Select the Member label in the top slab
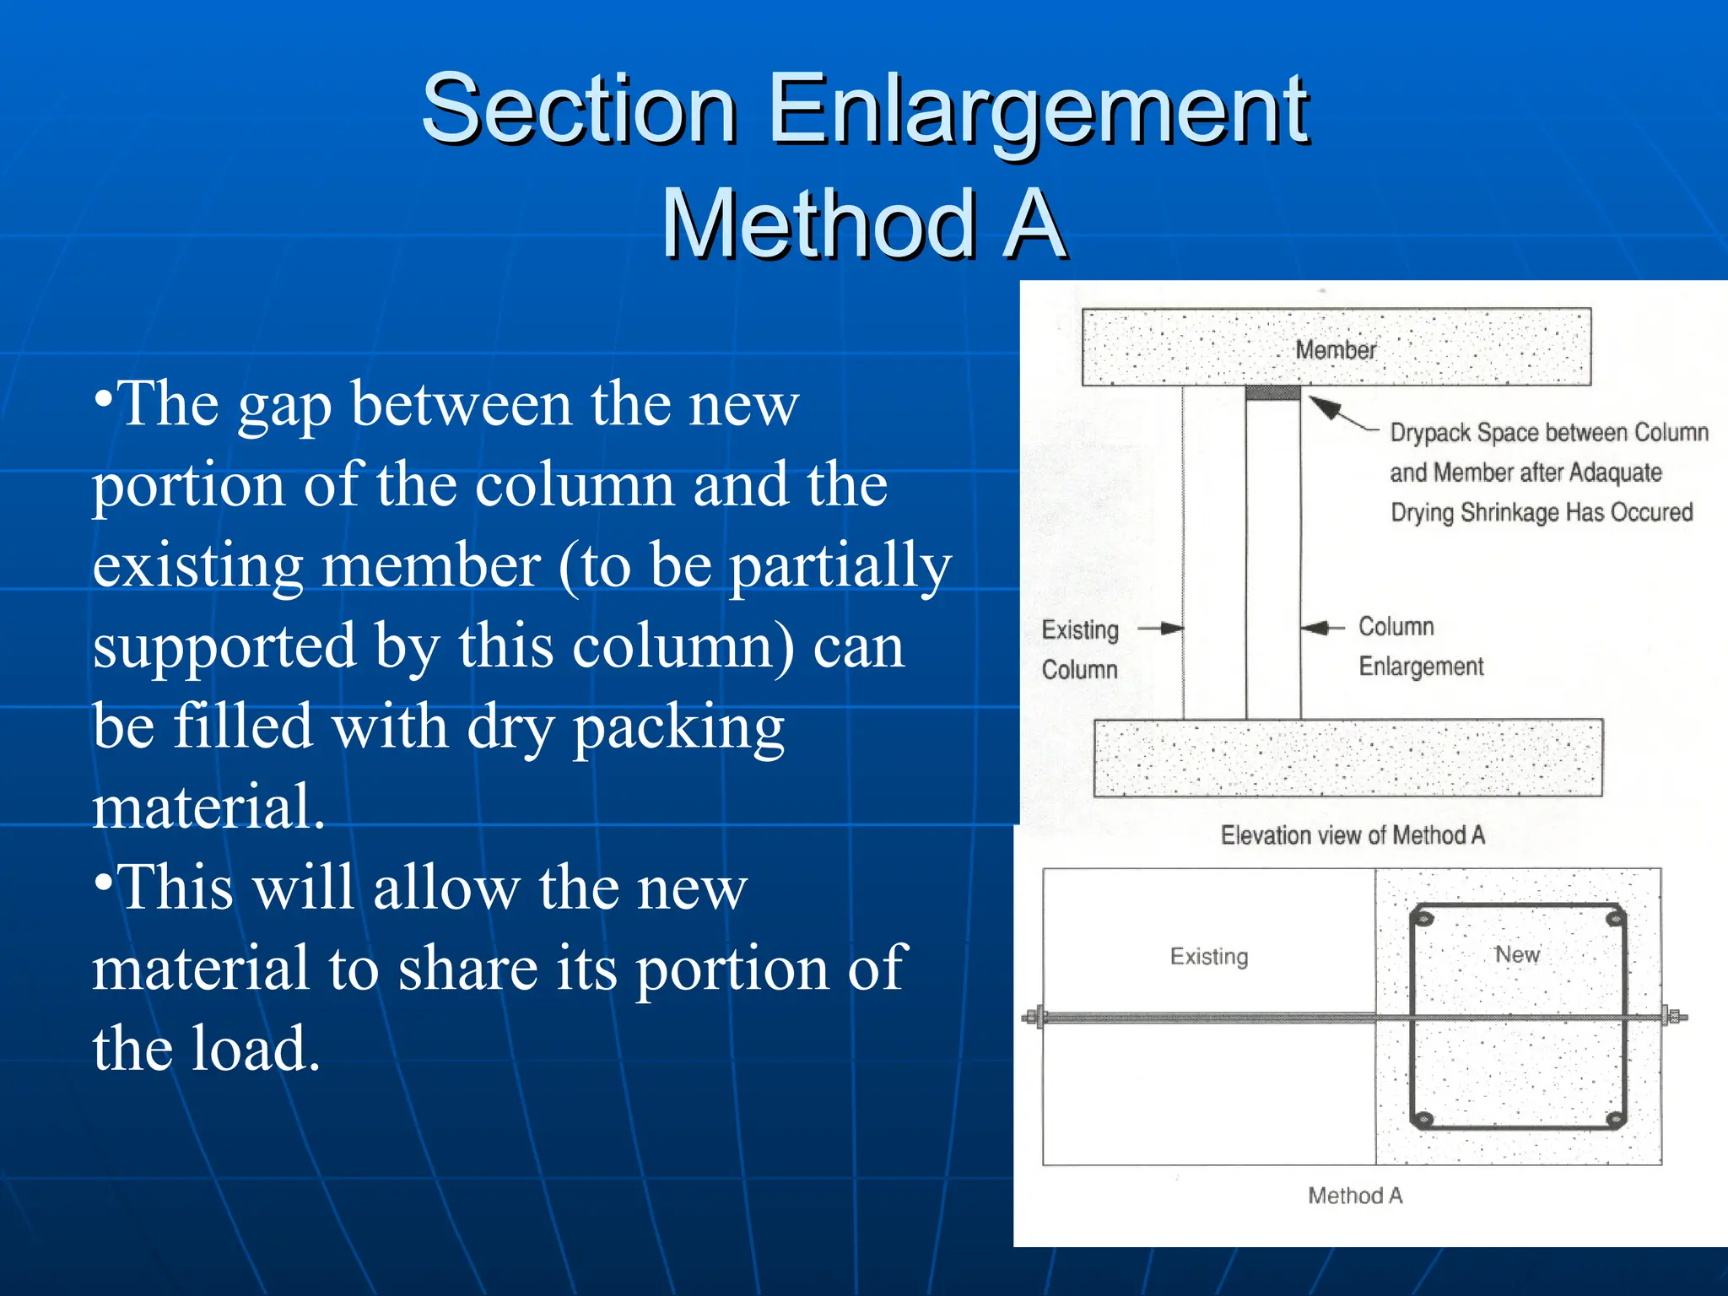pyautogui.click(x=1335, y=349)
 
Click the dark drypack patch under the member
pyautogui.click(x=1272, y=393)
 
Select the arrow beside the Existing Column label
pyautogui.click(x=1162, y=628)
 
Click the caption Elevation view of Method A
pyautogui.click(x=1352, y=835)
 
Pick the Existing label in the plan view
pyautogui.click(x=1208, y=956)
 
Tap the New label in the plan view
pyautogui.click(x=1517, y=954)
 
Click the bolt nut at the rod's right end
pyautogui.click(x=1673, y=1017)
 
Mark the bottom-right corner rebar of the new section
pyautogui.click(x=1614, y=1120)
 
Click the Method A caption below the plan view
pyautogui.click(x=1354, y=1196)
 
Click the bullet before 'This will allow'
pyautogui.click(x=103, y=882)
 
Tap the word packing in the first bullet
pyautogui.click(x=678, y=727)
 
